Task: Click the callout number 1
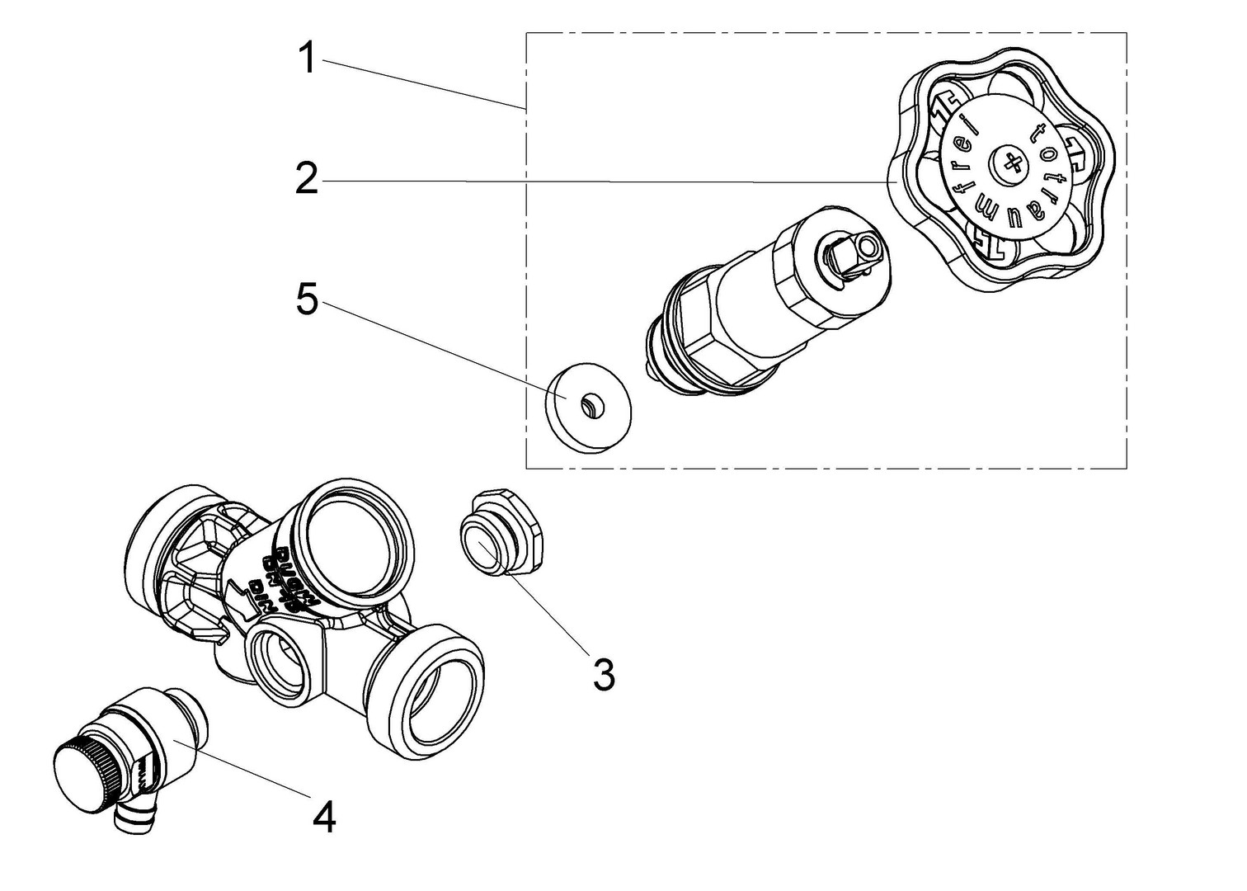(307, 59)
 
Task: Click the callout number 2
(307, 179)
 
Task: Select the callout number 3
(604, 676)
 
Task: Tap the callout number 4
(325, 818)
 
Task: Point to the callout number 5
(307, 301)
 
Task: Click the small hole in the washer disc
(591, 403)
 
